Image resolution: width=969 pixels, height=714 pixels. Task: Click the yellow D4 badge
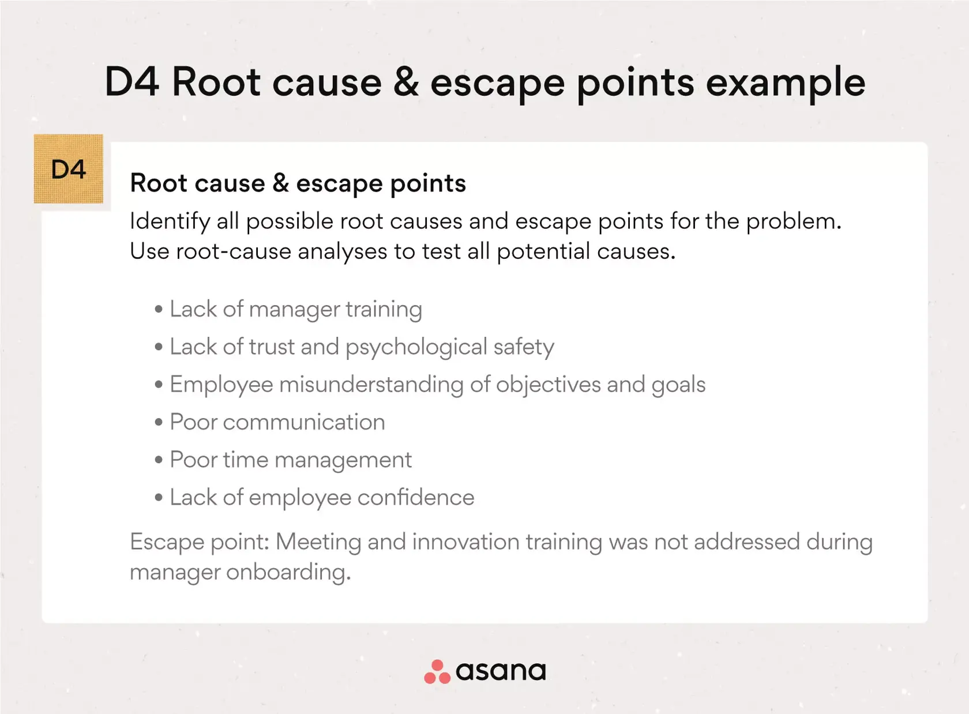68,168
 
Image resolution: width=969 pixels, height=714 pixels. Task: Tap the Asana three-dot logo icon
437,672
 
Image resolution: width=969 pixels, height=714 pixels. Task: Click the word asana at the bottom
501,672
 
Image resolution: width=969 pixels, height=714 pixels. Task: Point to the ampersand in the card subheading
281,182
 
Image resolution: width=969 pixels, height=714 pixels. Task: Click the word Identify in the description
170,222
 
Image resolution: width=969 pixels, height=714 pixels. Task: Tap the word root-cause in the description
234,251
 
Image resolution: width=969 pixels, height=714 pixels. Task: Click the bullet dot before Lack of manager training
159,309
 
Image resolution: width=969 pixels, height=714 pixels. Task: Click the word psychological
416,348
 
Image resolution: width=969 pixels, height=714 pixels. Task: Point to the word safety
524,348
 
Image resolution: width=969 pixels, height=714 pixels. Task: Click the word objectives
549,385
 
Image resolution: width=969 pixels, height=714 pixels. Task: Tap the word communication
304,422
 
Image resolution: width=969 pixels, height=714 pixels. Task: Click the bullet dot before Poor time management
159,460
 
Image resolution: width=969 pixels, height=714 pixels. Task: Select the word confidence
416,497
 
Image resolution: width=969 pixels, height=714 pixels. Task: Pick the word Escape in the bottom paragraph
167,543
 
